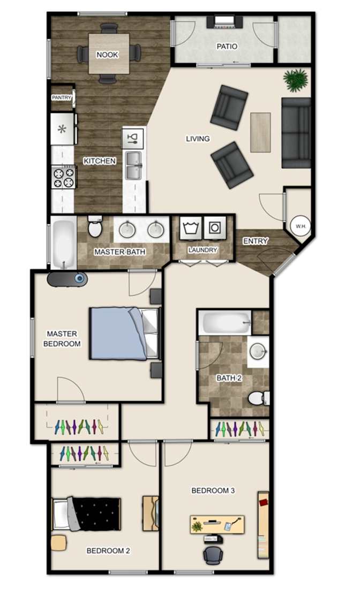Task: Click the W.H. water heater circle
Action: pos(301,226)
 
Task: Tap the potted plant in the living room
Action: pos(295,80)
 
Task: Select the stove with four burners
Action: pos(64,177)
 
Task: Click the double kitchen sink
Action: pos(133,165)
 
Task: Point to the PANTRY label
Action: pos(62,97)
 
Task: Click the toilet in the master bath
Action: pos(95,227)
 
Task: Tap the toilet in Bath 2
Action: pos(259,398)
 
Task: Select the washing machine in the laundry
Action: pos(191,228)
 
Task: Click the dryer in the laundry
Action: pos(215,228)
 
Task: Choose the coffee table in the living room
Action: pos(260,132)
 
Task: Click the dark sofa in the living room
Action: pos(296,133)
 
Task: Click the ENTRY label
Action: pos(256,241)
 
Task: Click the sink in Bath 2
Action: pos(258,352)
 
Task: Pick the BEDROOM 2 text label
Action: pos(108,551)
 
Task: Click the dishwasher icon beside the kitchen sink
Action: pos(133,138)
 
